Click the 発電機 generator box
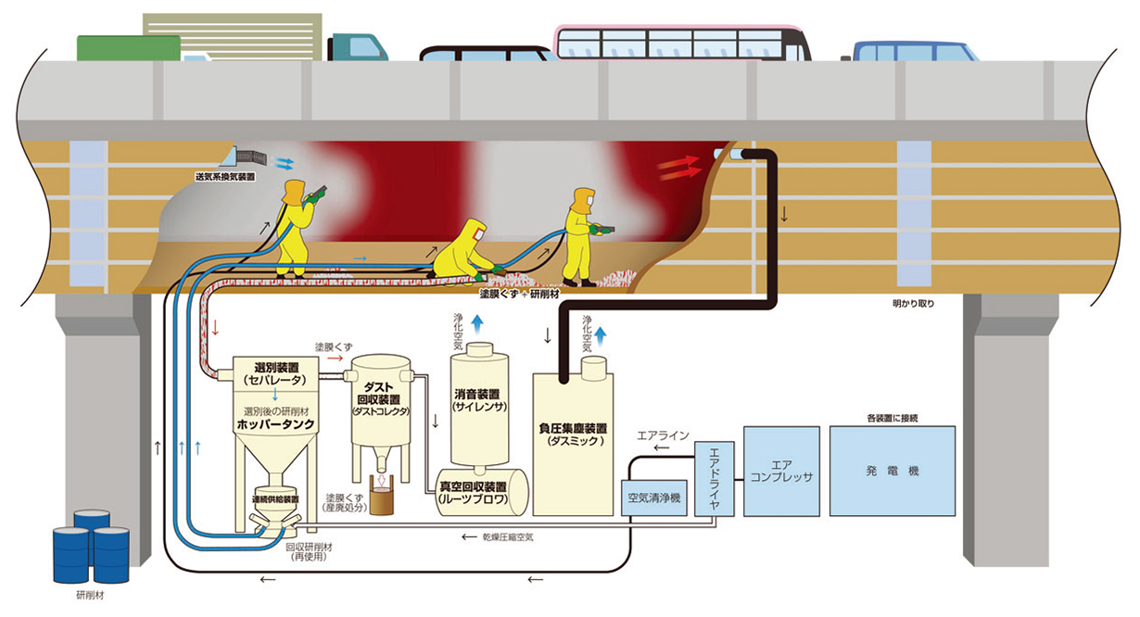(893, 471)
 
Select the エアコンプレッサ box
(781, 471)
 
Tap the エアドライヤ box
(715, 479)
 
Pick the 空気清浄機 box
(654, 497)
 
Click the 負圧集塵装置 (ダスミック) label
(573, 434)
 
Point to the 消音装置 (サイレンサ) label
(479, 400)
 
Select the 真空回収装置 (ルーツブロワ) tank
(482, 492)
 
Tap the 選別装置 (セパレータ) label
(276, 373)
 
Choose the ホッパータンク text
(276, 424)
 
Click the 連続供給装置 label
(275, 499)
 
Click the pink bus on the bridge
(682, 43)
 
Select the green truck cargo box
(129, 48)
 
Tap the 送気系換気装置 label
(225, 177)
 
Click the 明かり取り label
(913, 304)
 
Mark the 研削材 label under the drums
(90, 595)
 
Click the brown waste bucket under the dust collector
(382, 500)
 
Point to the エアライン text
(663, 435)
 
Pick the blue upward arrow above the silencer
(477, 323)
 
